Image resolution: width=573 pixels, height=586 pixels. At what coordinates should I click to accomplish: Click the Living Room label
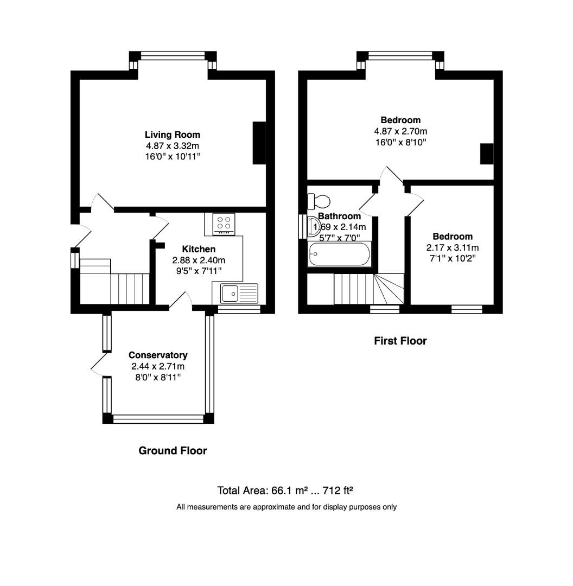(172, 135)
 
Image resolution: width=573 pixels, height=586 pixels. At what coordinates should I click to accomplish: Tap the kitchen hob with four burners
(224, 224)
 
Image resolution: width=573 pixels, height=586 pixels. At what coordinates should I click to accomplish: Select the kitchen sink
(239, 294)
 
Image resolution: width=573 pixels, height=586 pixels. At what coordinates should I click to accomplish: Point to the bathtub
(339, 254)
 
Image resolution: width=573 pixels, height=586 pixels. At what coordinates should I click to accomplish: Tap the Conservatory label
(158, 355)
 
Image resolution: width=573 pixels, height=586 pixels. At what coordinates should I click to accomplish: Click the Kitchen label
(198, 249)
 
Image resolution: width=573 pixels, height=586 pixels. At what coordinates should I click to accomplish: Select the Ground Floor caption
(173, 450)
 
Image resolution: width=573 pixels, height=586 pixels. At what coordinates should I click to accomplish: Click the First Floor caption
(400, 341)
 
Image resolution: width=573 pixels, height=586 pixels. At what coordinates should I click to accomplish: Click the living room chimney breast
(259, 143)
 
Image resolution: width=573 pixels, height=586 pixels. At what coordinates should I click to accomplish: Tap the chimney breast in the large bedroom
(486, 154)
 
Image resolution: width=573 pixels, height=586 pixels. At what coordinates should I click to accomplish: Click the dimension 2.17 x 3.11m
(452, 247)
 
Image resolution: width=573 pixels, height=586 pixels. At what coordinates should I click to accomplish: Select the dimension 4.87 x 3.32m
(172, 145)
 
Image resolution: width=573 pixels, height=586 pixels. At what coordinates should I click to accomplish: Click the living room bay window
(173, 55)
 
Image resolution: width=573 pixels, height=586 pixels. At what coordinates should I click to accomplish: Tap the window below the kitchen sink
(239, 309)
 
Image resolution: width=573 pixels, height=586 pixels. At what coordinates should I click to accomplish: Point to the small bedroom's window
(467, 309)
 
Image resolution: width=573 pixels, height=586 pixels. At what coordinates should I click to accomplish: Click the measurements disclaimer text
(286, 507)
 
